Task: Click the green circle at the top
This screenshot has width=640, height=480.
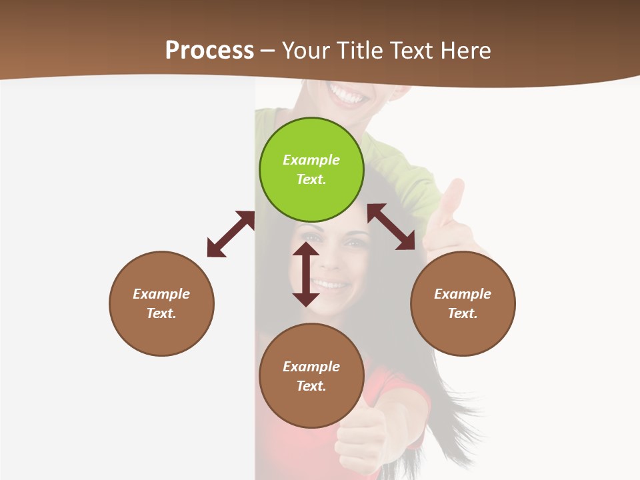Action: pyautogui.click(x=311, y=170)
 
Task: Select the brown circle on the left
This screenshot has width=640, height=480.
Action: pyautogui.click(x=161, y=303)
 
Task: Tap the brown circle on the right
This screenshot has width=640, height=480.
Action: pyautogui.click(x=463, y=303)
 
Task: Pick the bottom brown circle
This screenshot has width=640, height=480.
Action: pyautogui.click(x=311, y=376)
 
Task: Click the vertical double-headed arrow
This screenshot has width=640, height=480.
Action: pyautogui.click(x=306, y=274)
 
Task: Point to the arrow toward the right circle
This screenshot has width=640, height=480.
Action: pyautogui.click(x=391, y=227)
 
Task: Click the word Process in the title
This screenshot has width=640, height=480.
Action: pyautogui.click(x=209, y=50)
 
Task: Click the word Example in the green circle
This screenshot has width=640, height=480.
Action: pyautogui.click(x=311, y=160)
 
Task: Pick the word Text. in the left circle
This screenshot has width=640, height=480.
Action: pyautogui.click(x=161, y=313)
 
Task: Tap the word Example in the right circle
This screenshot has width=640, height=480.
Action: pyautogui.click(x=463, y=294)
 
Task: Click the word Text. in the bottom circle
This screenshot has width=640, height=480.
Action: pyautogui.click(x=311, y=386)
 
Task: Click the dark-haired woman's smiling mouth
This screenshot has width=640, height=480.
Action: pyautogui.click(x=331, y=285)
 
